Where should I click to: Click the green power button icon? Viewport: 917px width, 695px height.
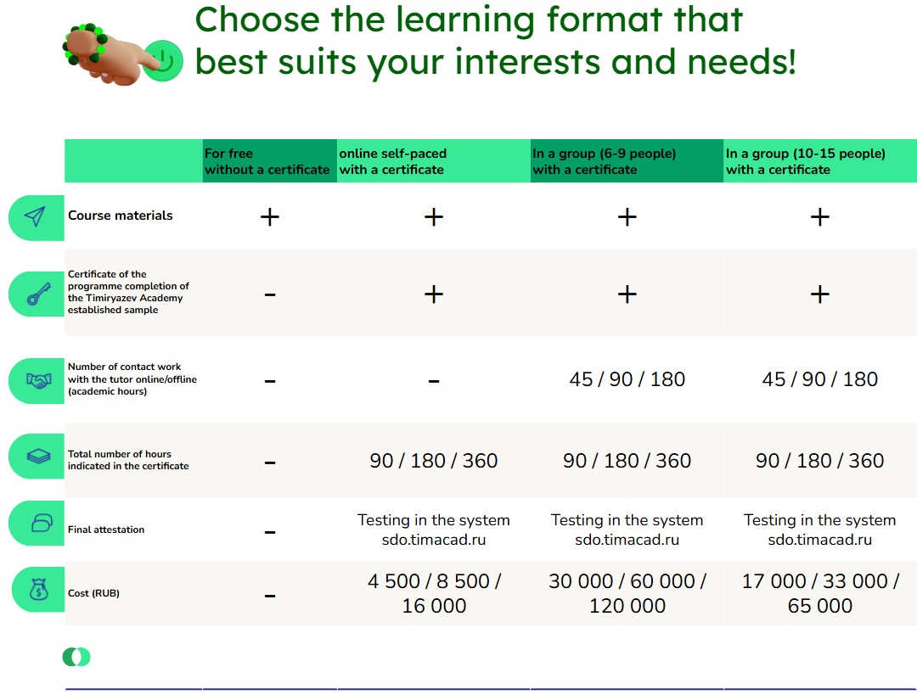(x=164, y=61)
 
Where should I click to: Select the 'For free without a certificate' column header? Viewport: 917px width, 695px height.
(x=267, y=161)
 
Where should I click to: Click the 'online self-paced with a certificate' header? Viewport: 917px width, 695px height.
(x=392, y=161)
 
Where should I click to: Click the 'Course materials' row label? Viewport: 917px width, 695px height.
(x=121, y=216)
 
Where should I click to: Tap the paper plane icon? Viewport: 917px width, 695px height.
(x=35, y=216)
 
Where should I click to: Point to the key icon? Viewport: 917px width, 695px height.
(x=38, y=294)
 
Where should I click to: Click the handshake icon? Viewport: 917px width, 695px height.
(x=38, y=381)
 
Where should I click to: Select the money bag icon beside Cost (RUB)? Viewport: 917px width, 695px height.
(x=38, y=589)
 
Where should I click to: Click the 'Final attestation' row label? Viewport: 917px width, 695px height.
(x=106, y=530)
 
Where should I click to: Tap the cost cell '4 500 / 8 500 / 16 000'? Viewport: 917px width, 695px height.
(x=434, y=593)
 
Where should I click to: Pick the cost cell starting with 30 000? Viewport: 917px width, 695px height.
(x=627, y=593)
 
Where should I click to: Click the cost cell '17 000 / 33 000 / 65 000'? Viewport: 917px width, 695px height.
(x=820, y=593)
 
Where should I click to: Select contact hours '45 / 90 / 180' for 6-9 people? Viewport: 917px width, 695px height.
(x=627, y=379)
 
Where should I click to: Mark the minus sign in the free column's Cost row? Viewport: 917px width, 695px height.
(x=270, y=597)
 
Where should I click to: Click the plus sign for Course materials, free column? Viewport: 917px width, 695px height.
(x=270, y=217)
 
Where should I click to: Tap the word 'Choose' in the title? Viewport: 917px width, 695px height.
(x=257, y=21)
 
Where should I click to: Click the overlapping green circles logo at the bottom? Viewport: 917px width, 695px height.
(x=76, y=657)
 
